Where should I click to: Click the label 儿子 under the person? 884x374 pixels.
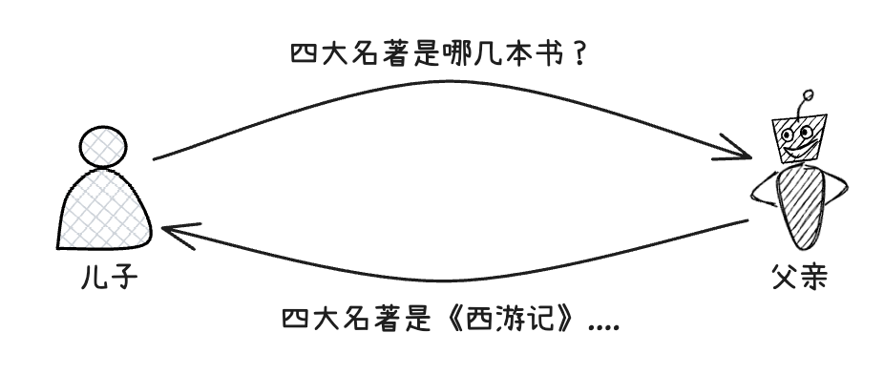(x=111, y=280)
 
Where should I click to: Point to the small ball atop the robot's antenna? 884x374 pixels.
(x=809, y=95)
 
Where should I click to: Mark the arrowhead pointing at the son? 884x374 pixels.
(x=177, y=232)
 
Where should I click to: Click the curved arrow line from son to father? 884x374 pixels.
(x=439, y=84)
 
